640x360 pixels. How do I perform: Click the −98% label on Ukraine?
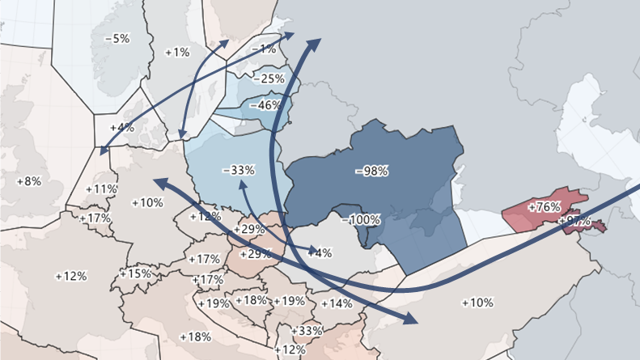point(372,172)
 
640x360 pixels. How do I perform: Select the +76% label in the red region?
point(544,207)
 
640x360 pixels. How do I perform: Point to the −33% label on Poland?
point(238,171)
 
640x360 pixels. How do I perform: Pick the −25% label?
point(269,78)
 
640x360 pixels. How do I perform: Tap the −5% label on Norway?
point(117,38)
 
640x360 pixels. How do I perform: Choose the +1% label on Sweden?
point(177,52)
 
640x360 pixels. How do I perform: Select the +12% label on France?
point(71,276)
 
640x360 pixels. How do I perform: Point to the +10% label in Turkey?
point(477,303)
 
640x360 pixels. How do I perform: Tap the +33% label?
point(307,331)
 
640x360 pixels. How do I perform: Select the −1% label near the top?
point(264,49)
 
